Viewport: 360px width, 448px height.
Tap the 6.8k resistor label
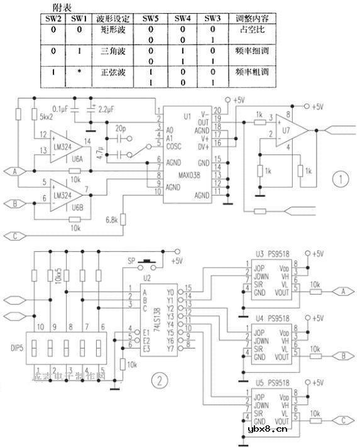click(x=114, y=220)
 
